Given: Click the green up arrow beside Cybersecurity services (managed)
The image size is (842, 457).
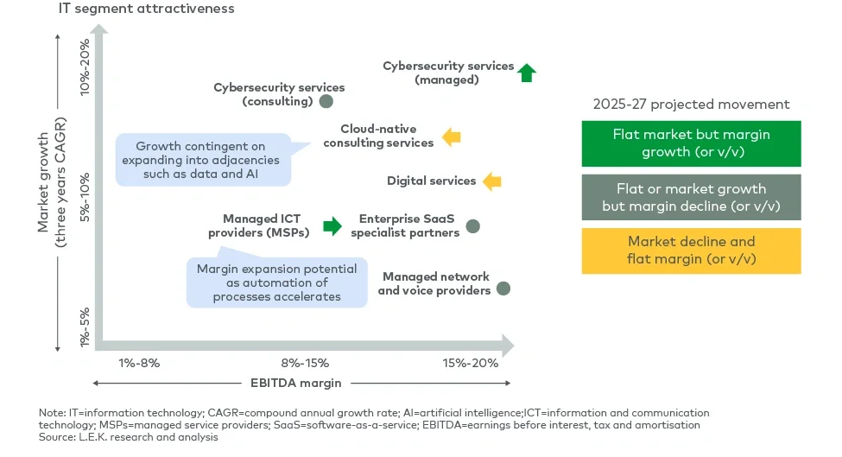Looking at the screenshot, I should click(527, 73).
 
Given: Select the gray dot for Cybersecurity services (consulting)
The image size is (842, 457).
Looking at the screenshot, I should click(326, 101).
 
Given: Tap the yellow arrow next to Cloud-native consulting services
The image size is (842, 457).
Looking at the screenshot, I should click(452, 136).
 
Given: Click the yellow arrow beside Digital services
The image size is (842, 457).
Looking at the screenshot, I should click(492, 181).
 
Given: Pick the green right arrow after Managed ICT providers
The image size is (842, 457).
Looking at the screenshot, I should click(332, 226).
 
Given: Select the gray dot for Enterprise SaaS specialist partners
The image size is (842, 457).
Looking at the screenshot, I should click(472, 226).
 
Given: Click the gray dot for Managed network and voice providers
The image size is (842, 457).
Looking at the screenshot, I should click(503, 289).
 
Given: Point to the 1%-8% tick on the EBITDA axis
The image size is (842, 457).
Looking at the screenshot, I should click(139, 363).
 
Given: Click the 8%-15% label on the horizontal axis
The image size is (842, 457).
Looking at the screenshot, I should click(305, 363).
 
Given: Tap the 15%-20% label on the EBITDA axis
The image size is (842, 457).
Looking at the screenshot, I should click(471, 363).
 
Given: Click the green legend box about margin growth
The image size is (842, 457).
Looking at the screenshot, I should click(691, 143).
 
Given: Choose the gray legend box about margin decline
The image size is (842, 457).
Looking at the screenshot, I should click(691, 197).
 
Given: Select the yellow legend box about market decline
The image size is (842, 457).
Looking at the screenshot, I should click(691, 251).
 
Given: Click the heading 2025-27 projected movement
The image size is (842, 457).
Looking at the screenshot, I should click(691, 105).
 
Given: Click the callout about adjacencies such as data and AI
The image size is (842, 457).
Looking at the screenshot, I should click(202, 161).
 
